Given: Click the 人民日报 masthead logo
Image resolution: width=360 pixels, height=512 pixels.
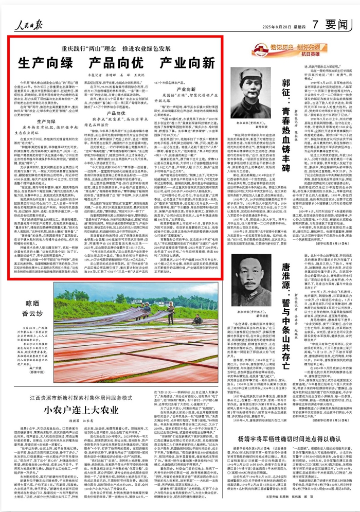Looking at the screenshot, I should [28, 24].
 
